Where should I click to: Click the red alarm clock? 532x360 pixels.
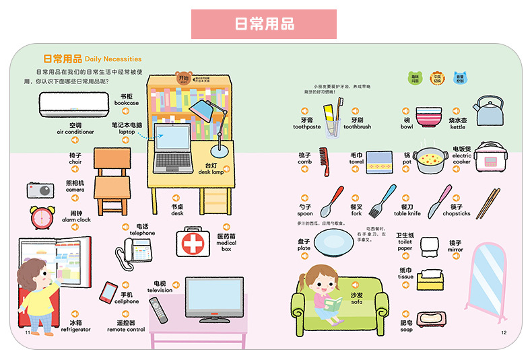coord(41,217)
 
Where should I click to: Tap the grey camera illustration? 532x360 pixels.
coord(40,190)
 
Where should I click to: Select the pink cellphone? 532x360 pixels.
coord(108,292)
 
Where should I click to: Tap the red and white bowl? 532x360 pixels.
coord(428,117)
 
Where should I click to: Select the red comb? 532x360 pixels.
coord(325,161)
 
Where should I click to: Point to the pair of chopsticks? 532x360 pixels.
coord(488,203)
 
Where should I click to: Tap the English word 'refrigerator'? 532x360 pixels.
coord(75,330)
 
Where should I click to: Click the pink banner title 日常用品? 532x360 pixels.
coord(265,24)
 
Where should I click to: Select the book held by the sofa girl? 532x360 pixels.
coord(332,303)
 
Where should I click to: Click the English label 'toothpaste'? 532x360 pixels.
coord(306,127)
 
